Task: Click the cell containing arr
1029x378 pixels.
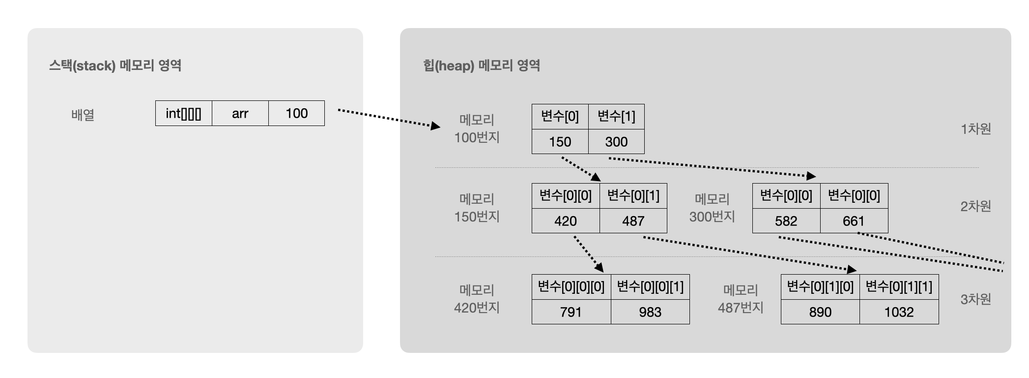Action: [240, 113]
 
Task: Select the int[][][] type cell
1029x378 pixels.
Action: [183, 113]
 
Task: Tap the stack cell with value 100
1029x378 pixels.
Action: [296, 113]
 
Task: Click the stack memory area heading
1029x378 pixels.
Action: [115, 65]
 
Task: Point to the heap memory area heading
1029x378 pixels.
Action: [482, 65]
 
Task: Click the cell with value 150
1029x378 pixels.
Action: [560, 142]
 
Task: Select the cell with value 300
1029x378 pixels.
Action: [616, 142]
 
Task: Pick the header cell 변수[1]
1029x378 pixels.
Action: [616, 117]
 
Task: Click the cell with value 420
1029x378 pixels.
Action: [565, 221]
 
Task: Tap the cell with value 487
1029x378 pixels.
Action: [633, 221]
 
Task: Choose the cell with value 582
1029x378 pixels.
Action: [786, 221]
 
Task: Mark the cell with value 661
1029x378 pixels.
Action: [854, 221]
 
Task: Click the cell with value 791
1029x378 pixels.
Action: [571, 312]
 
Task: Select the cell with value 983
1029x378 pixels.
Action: [650, 312]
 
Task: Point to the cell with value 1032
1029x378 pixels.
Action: [899, 312]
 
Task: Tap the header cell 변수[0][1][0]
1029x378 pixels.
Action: [820, 287]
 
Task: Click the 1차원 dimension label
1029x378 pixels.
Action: [975, 129]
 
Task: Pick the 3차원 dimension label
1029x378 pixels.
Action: [975, 299]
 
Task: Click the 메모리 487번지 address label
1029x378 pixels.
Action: [741, 299]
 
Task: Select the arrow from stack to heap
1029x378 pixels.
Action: [388, 118]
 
